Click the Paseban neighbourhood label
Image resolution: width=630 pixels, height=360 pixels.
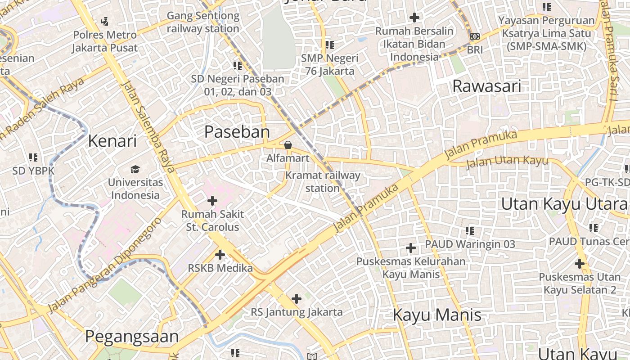(x=237, y=132)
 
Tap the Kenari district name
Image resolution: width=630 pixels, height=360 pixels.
(x=112, y=141)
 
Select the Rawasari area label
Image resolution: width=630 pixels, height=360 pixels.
(x=487, y=86)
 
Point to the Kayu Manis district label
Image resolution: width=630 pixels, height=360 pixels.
(x=437, y=315)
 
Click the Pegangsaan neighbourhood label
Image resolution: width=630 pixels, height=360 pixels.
(x=132, y=337)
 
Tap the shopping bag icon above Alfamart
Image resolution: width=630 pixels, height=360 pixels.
(x=288, y=145)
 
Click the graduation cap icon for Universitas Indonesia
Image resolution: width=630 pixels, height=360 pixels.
(x=135, y=169)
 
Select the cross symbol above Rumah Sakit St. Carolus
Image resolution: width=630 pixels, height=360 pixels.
(x=212, y=201)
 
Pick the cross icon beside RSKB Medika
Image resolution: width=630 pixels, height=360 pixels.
(x=220, y=255)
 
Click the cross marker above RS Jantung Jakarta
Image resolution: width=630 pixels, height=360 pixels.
(x=297, y=298)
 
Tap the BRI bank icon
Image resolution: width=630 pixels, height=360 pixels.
(x=474, y=36)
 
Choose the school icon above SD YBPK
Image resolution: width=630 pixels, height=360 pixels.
(x=33, y=157)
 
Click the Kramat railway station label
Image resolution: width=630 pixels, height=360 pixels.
(x=323, y=181)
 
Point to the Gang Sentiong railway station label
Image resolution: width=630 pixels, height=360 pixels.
(x=203, y=22)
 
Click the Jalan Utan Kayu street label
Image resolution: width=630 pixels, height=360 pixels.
(x=507, y=162)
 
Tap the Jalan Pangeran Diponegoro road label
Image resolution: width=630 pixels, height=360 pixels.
(x=104, y=266)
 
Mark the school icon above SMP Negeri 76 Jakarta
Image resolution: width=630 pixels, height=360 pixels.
(x=330, y=45)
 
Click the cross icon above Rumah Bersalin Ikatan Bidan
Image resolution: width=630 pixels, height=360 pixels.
(x=414, y=18)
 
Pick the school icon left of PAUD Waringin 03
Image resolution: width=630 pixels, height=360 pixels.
(x=470, y=231)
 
